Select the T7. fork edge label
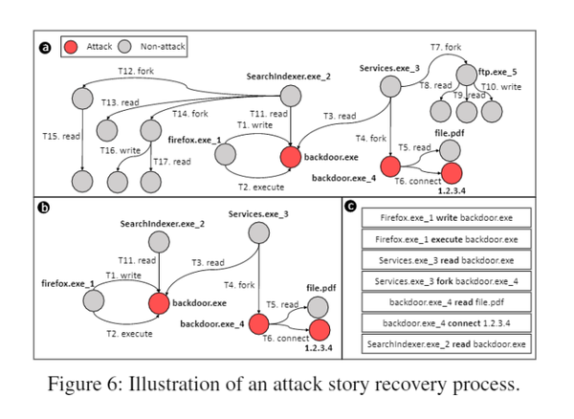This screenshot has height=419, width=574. (x=448, y=47)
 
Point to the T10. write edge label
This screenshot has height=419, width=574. (x=501, y=87)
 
